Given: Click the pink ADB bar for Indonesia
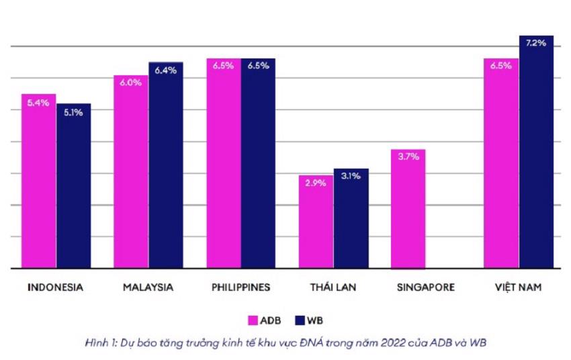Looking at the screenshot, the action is point(38,181).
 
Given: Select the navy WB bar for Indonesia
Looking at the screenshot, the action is point(74,186).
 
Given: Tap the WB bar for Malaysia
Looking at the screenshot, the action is point(166,165).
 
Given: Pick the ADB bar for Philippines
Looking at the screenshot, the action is point(224,163).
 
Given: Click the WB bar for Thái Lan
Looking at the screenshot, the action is point(351,218).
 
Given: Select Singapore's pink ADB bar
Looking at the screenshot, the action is point(408,210).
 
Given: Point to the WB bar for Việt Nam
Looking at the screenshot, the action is point(537,152).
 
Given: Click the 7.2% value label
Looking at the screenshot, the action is point(536,43).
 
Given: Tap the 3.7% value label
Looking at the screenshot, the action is point(408,156).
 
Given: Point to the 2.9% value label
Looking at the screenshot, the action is point(316,183).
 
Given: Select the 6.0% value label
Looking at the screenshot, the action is point(131,83).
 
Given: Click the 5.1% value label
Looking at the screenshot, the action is point(74,113).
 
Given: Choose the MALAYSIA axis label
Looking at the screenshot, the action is point(148,287).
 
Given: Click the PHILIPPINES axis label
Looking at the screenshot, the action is point(241,287).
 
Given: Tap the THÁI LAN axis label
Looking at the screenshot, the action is point(333,287).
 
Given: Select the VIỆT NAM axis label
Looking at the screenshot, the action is point(518,287).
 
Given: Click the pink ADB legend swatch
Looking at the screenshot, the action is point(253,320).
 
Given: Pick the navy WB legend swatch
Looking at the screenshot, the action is point(300,320).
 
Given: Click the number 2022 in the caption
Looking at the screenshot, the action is point(392,343).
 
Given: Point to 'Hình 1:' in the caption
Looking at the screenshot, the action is point(101,343).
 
